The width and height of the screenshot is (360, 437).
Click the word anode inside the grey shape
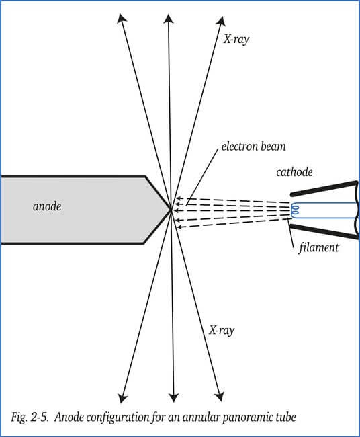click(x=47, y=206)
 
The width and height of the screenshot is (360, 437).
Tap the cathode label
click(x=294, y=172)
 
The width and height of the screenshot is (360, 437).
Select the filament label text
click(x=319, y=247)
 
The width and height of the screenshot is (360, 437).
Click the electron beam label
click(x=253, y=147)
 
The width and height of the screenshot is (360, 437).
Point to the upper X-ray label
click(x=236, y=39)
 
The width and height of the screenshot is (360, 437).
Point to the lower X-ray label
click(x=222, y=331)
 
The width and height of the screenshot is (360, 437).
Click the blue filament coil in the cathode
click(x=295, y=210)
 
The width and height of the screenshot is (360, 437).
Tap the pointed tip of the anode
click(x=171, y=210)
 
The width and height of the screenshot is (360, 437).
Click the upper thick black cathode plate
click(x=324, y=188)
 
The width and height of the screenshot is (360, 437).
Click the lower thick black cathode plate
click(x=324, y=232)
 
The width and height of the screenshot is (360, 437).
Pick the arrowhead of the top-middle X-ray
click(x=168, y=19)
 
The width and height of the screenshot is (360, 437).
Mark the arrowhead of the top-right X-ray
click(x=222, y=21)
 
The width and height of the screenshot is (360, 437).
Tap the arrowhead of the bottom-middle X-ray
click(x=174, y=398)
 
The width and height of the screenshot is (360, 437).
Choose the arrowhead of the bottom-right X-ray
click(x=220, y=397)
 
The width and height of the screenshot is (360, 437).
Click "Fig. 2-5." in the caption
click(x=30, y=418)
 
